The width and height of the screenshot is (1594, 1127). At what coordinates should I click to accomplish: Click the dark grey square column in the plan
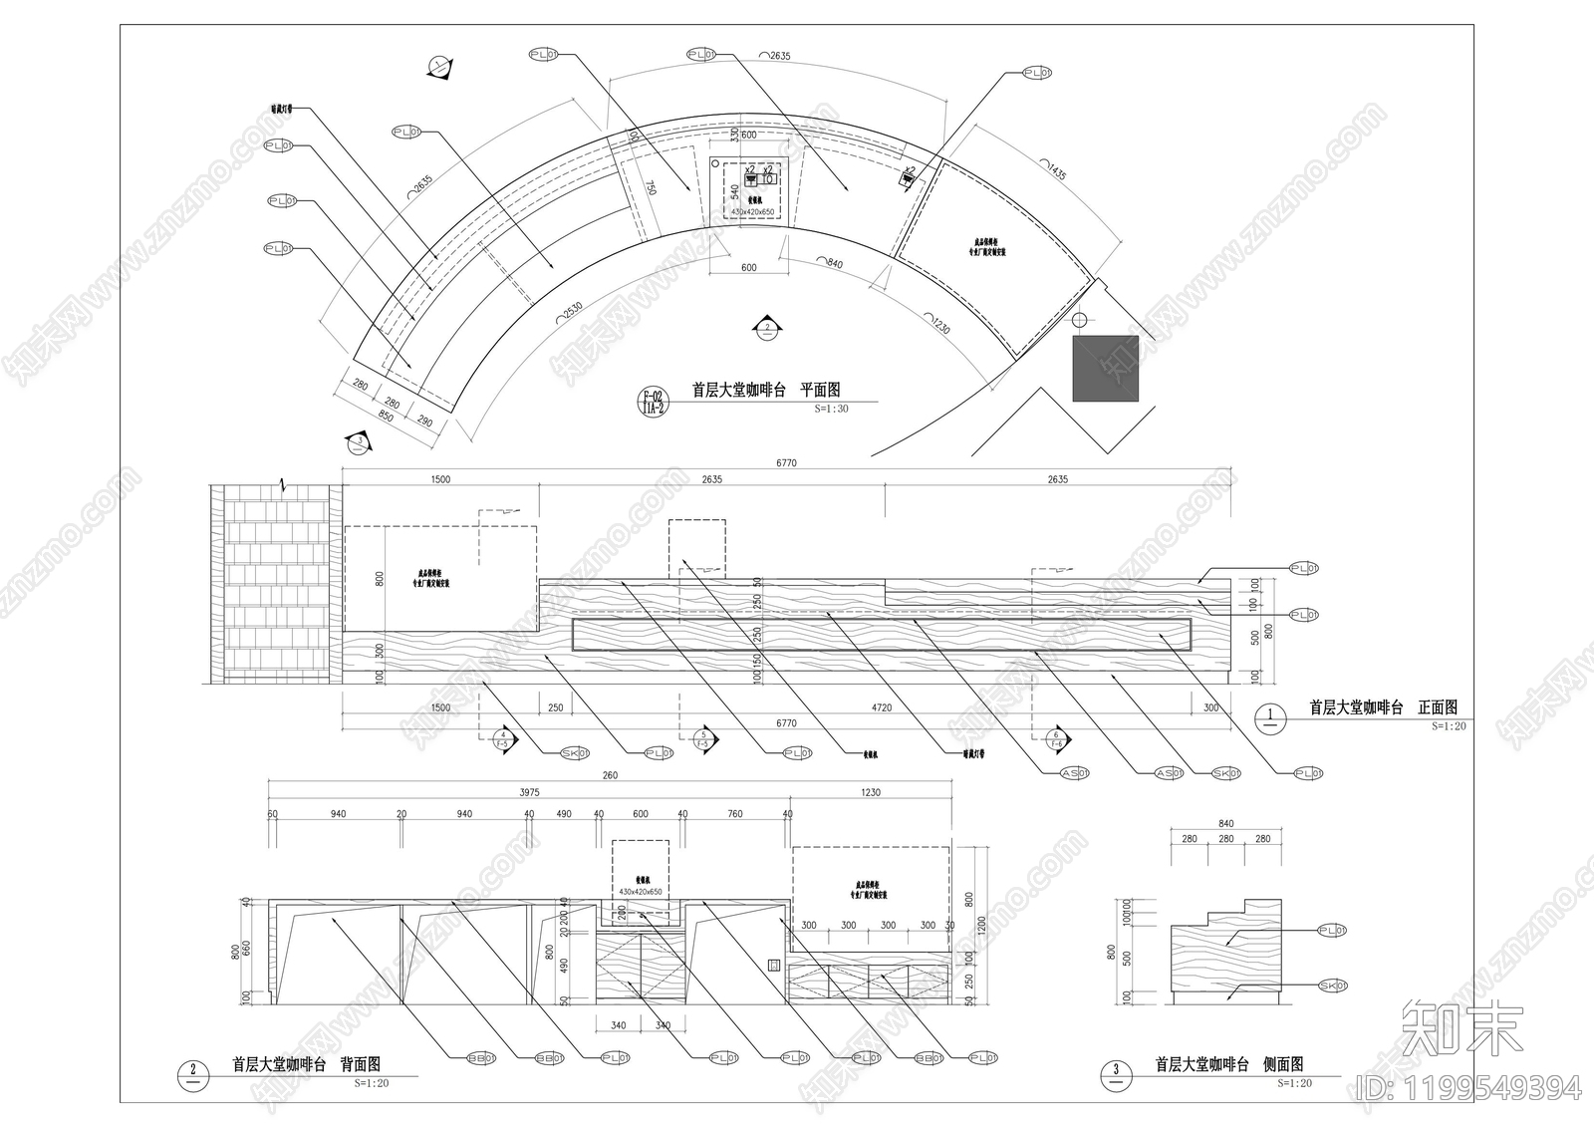tap(1105, 369)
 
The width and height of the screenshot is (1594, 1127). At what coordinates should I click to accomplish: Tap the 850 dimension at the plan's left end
tap(386, 416)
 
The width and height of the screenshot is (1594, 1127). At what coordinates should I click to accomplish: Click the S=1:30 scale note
tap(831, 409)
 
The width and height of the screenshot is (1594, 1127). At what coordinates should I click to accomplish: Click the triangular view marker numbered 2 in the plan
tap(767, 328)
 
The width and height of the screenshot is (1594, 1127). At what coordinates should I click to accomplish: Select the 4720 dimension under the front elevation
tap(882, 707)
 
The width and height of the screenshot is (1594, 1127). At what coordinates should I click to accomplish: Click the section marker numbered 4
tap(503, 738)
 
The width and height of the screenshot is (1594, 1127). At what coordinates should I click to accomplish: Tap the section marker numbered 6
tap(1055, 738)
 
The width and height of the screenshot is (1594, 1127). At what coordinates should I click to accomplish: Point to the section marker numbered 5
tap(703, 738)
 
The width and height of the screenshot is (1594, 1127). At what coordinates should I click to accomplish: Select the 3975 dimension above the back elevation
tap(529, 793)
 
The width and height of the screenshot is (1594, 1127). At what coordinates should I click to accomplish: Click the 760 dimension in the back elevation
tap(734, 814)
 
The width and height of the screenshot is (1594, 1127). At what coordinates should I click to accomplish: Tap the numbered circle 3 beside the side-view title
tap(1115, 1072)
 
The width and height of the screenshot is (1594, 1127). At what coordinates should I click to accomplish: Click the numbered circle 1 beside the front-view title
tap(1269, 714)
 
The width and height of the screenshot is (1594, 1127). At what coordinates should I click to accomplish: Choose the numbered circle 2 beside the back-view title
tap(192, 1072)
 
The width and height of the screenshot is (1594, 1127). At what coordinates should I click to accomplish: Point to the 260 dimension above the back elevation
tap(610, 775)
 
